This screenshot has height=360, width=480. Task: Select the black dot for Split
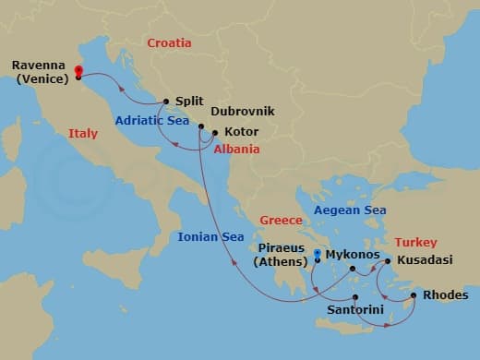[x=165, y=102]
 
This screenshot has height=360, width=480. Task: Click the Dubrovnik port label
[x=243, y=111]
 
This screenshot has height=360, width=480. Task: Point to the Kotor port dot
[x=214, y=132]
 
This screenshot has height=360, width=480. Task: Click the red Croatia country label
[x=169, y=42]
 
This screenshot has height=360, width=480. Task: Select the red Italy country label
[x=83, y=134]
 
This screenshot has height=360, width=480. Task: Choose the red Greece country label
[x=281, y=221]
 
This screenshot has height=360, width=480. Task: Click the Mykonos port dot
[x=353, y=270]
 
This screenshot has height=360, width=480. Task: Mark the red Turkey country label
[x=415, y=242]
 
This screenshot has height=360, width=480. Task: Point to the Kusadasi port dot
[x=388, y=261]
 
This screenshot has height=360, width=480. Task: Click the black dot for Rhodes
[x=414, y=295]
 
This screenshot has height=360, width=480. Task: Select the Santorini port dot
[x=355, y=297]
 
